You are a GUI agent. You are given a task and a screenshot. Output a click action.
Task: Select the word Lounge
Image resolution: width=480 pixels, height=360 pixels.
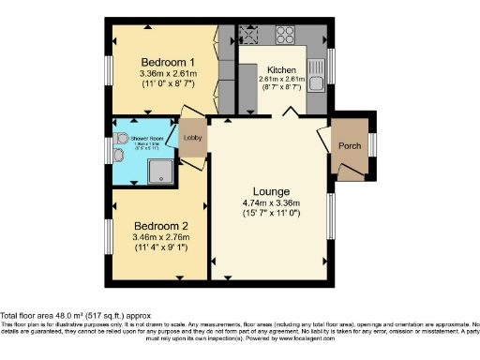point(270,190)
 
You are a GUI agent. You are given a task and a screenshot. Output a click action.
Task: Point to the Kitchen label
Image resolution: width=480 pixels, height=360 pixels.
point(281,70)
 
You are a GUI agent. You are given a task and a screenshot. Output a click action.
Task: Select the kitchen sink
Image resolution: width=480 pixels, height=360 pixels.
point(317,86)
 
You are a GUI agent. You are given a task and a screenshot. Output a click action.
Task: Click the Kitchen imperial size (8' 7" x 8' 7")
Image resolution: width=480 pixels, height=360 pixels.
point(281,87)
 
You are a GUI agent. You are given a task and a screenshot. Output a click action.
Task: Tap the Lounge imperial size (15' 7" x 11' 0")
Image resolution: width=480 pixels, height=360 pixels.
point(270,215)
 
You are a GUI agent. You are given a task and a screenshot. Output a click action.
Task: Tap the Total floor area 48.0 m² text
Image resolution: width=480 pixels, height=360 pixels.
point(69,316)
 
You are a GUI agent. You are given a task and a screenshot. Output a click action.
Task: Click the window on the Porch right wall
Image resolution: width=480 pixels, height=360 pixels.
point(372,145)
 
